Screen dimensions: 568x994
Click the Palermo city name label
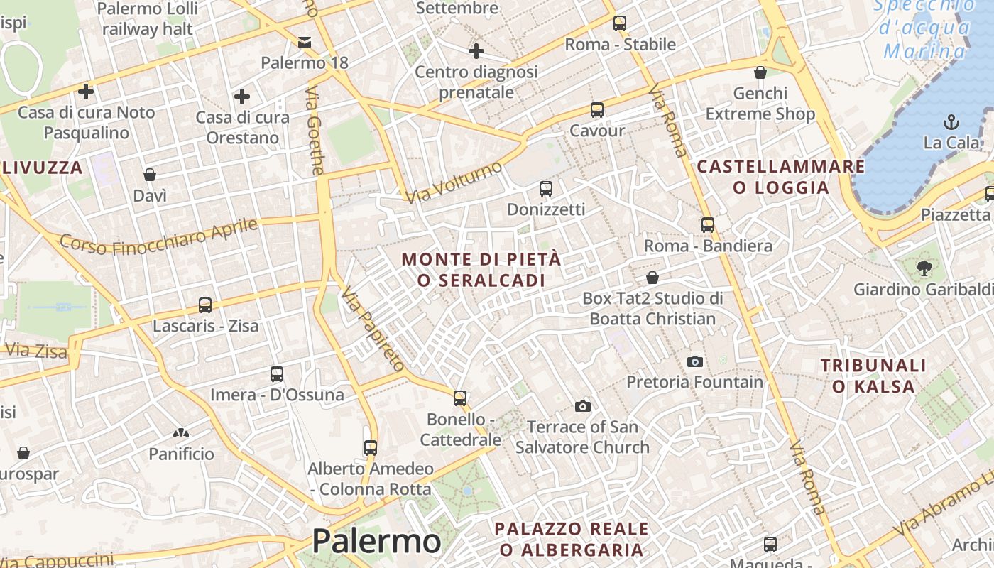tap(376, 541)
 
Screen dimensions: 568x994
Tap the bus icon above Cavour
tap(597, 110)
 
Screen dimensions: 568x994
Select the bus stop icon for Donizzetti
tap(545, 189)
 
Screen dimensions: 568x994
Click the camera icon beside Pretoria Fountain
tap(695, 361)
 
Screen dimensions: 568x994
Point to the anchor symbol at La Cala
tap(951, 122)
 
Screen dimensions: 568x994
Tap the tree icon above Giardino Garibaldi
tap(924, 268)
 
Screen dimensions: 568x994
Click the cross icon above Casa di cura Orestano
tap(242, 97)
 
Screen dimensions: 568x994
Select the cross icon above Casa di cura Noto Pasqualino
tap(86, 92)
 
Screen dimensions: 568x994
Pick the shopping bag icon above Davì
tap(150, 175)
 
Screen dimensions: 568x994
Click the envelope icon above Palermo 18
tap(305, 43)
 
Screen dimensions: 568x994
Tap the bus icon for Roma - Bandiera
tap(707, 225)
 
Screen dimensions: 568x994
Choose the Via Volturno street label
tap(455, 181)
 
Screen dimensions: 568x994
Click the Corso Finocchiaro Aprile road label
tap(158, 236)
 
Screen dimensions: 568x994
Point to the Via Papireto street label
tap(372, 329)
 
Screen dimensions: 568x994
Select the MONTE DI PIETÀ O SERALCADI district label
tap(481, 270)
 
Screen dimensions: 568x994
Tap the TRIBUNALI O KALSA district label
tap(873, 376)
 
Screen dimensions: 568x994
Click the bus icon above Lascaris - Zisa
tap(205, 305)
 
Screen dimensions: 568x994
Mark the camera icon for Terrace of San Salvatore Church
tap(583, 406)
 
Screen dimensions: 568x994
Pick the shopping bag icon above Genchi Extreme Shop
tap(760, 72)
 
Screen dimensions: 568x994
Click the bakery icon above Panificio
tap(181, 432)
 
